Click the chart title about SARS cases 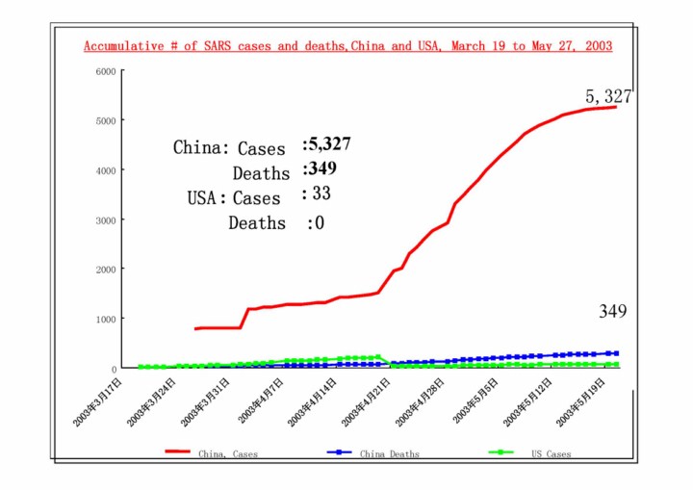(347, 46)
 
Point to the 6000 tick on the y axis (106, 71)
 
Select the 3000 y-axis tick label (106, 220)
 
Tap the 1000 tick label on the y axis (106, 320)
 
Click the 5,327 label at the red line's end (608, 96)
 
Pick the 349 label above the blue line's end (613, 311)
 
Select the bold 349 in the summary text (322, 169)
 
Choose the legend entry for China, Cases (228, 451)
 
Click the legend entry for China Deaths (390, 451)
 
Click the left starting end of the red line (195, 329)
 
